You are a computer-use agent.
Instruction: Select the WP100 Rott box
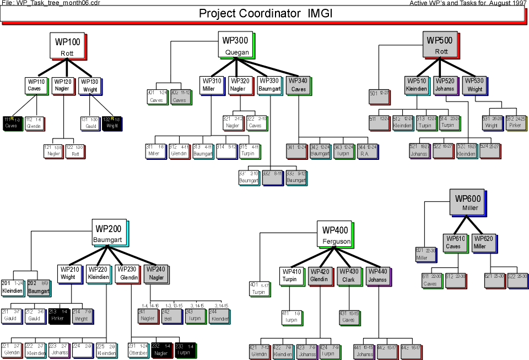(68, 46)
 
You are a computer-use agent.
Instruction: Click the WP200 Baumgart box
(109, 233)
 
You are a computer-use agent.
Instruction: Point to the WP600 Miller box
(465, 202)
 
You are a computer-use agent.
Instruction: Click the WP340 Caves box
(298, 85)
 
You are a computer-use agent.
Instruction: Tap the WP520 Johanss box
(445, 85)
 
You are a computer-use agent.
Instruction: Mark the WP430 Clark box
(348, 275)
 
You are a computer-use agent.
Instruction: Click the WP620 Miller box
(483, 243)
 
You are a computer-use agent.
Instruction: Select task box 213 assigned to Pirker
(58, 315)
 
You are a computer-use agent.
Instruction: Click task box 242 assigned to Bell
(171, 315)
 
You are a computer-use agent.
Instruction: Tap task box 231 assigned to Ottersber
(138, 350)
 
